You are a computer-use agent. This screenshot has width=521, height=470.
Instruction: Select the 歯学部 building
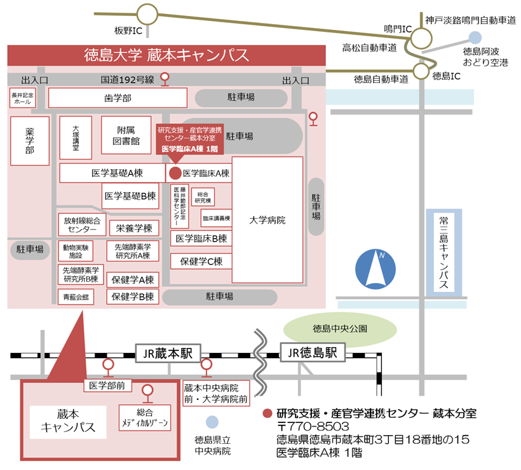118,98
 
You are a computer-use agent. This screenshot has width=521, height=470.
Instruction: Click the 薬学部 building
29,141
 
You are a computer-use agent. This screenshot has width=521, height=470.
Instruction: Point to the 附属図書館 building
126,136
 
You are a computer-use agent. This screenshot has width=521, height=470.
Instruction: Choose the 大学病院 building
267,220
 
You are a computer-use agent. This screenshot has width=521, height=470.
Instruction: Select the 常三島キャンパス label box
444,252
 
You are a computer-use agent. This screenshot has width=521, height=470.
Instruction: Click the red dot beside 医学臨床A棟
175,173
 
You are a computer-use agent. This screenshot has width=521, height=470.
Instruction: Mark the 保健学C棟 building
201,261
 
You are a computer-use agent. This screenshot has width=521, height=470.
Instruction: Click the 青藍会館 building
76,296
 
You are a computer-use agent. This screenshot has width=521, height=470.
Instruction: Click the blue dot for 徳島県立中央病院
212,421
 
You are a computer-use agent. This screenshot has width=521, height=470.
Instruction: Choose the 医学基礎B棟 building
130,197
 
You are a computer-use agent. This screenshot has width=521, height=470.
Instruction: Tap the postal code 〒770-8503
313,426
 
